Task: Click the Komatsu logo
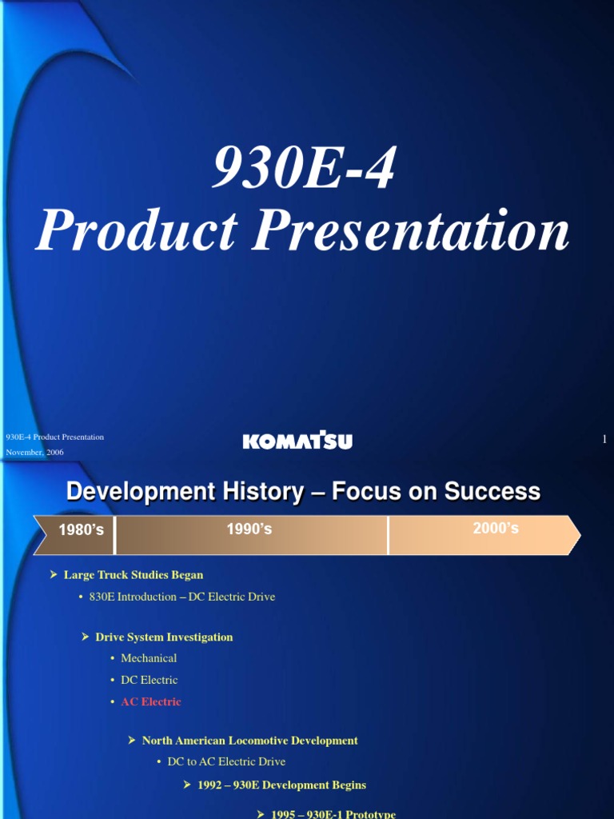(x=297, y=441)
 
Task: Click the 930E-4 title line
(x=303, y=169)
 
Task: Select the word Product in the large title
(x=136, y=230)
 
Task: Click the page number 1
(x=604, y=439)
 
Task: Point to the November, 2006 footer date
(x=35, y=453)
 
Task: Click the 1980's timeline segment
(x=81, y=529)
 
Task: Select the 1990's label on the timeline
(x=249, y=529)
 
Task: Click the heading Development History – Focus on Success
(x=303, y=491)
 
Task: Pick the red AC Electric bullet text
(x=150, y=701)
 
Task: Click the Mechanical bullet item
(x=149, y=658)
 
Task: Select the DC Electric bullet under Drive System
(x=149, y=680)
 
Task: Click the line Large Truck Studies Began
(x=134, y=574)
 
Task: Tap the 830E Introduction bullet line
(x=182, y=597)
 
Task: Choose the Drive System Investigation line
(x=164, y=637)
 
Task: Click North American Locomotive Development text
(x=249, y=741)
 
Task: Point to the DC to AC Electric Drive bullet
(x=226, y=762)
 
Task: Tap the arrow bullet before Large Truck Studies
(x=54, y=574)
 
